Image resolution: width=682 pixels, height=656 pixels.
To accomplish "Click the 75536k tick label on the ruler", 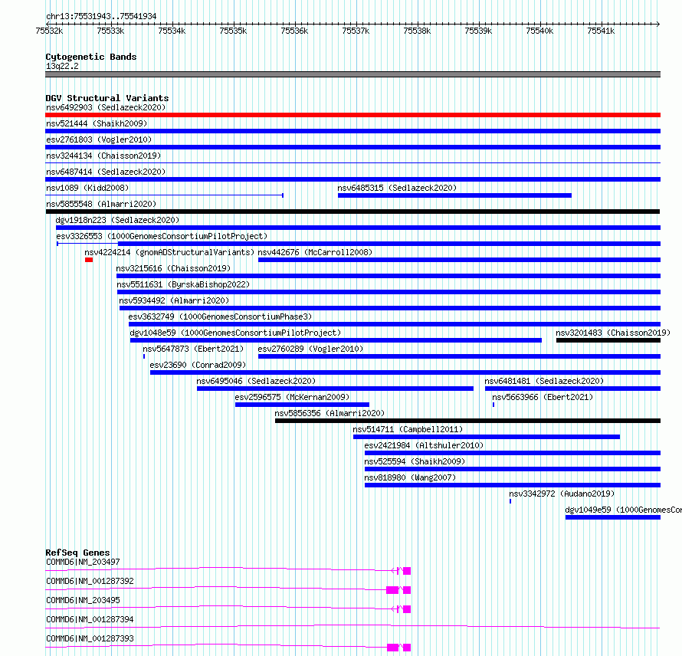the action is coord(294,31).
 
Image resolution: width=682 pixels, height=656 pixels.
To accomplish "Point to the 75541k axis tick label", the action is coord(601,31).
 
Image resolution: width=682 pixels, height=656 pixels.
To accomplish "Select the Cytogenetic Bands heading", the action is coord(91,57).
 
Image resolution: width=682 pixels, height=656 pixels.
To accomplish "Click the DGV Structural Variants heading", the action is coord(107,98).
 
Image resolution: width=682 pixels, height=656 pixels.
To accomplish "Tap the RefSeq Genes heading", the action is coord(77,553).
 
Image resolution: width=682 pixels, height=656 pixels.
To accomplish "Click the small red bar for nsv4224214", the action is coord(89,260).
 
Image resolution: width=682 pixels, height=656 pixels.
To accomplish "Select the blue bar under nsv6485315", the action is coord(454,195).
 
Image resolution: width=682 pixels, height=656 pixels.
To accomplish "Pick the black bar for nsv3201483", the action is coord(608,340).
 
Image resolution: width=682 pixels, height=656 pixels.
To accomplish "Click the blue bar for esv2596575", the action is coord(302,405).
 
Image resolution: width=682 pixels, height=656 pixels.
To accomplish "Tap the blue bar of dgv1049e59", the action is coord(613,517).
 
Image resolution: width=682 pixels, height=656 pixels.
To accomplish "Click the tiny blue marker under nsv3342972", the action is coord(510,501).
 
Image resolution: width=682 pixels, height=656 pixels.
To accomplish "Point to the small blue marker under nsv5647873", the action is coord(144,356).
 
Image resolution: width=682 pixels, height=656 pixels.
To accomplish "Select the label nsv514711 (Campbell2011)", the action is coord(408,429).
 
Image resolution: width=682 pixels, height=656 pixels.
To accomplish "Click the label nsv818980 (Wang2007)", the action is coord(410,477).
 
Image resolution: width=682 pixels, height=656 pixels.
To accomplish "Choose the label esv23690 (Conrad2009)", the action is coord(198,365).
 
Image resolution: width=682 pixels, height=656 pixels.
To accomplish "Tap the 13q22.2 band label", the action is coord(62,66).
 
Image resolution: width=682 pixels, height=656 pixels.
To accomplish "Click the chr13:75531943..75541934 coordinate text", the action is coord(101,16).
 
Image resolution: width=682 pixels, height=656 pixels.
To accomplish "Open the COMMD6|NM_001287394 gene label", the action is coord(90,619).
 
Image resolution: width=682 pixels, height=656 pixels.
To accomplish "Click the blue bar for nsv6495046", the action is coord(335,389).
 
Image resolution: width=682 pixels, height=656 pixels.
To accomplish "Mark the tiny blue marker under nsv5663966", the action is coord(493,405).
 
